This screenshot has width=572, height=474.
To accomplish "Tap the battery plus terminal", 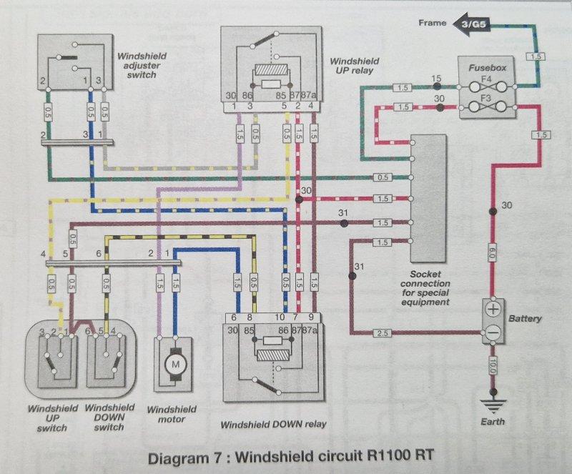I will [493, 310].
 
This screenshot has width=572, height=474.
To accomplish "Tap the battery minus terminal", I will [493, 332].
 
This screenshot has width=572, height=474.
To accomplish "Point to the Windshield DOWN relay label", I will [273, 424].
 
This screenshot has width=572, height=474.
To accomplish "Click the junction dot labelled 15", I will [440, 87].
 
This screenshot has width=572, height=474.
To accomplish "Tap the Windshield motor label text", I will [168, 415].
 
